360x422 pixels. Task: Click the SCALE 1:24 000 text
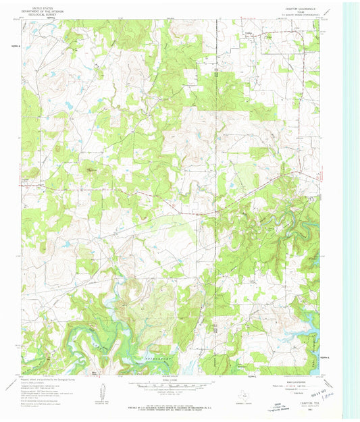pos(172,379)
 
